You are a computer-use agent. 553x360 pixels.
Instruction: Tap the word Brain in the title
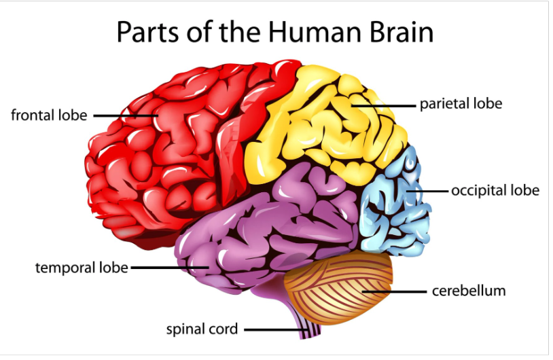(x=399, y=32)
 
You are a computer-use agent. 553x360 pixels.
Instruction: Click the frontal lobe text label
(x=49, y=115)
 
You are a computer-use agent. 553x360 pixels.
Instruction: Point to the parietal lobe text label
(x=461, y=104)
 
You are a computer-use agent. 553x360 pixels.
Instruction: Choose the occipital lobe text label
(x=495, y=190)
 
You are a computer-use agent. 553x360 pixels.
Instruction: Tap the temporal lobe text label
(x=82, y=268)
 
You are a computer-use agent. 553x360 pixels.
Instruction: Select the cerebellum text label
(x=469, y=291)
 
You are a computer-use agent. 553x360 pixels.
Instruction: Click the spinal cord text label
(x=202, y=329)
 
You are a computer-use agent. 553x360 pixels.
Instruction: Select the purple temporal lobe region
(x=272, y=224)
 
